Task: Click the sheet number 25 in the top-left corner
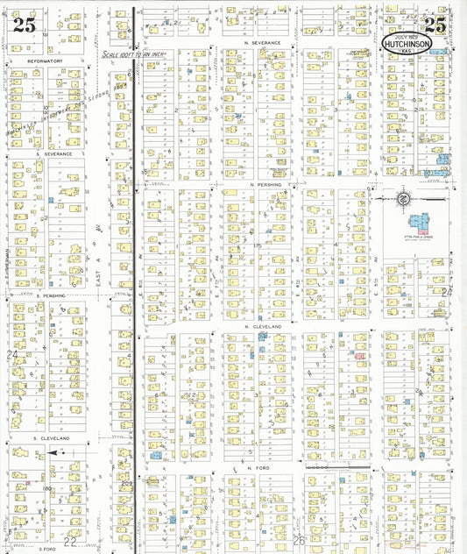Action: coord(25,25)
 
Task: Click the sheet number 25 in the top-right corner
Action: coord(435,25)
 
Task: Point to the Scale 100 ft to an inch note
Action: coord(133,54)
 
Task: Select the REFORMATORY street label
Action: coord(46,60)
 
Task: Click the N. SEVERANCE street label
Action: coord(263,42)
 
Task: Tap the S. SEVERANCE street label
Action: coord(53,153)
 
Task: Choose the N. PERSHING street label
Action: coord(264,185)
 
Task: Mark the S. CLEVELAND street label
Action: coord(53,437)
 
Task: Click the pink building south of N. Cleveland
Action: coord(359,356)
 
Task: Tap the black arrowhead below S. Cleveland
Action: coord(53,453)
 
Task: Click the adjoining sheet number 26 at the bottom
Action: coord(300,541)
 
